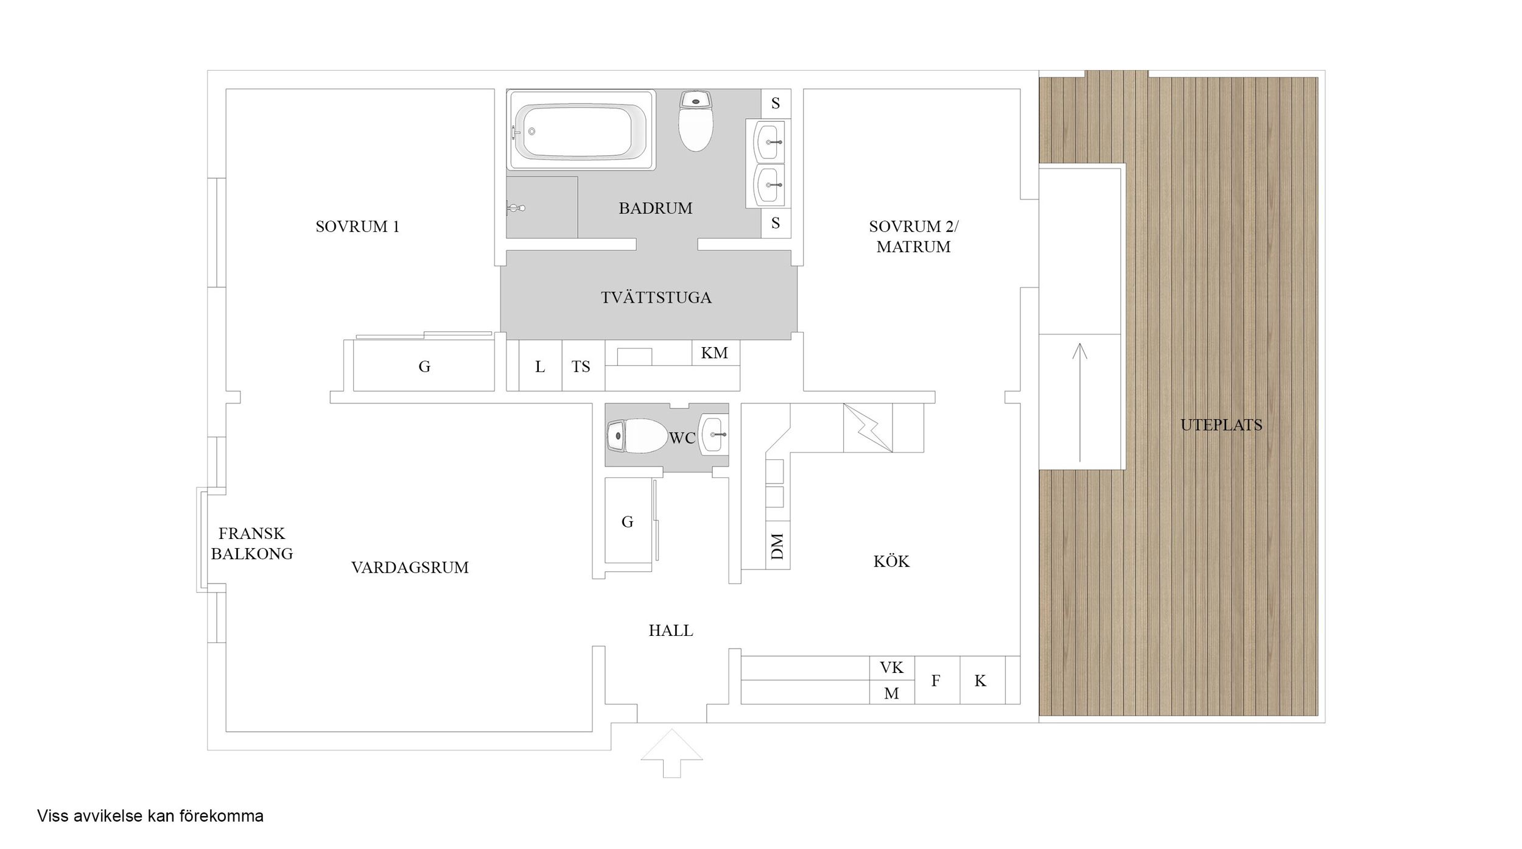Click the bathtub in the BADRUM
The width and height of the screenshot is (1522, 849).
[x=581, y=130]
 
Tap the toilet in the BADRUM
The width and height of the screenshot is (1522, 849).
[x=696, y=121]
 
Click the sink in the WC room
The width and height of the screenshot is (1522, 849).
[x=714, y=434]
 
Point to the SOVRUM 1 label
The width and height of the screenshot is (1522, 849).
[x=357, y=227]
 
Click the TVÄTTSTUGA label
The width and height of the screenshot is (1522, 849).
[x=656, y=297]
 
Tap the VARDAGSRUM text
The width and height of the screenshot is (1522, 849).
[x=410, y=568]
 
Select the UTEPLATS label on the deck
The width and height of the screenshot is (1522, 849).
[x=1221, y=425]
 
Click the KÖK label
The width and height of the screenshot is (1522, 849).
[x=891, y=561]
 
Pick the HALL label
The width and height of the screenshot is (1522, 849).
[x=671, y=630]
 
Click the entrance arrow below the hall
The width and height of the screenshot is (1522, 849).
[x=672, y=753]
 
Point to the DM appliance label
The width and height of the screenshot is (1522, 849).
[x=777, y=546]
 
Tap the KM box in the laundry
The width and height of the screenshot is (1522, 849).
[x=715, y=353]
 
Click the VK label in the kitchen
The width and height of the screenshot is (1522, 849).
[x=891, y=668]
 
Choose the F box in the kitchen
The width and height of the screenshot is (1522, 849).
[x=937, y=680]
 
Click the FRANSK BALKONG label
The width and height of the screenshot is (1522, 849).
[x=251, y=543]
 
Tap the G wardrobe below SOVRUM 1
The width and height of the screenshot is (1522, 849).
[x=424, y=365]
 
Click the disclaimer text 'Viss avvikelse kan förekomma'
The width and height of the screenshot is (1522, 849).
[x=150, y=816]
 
